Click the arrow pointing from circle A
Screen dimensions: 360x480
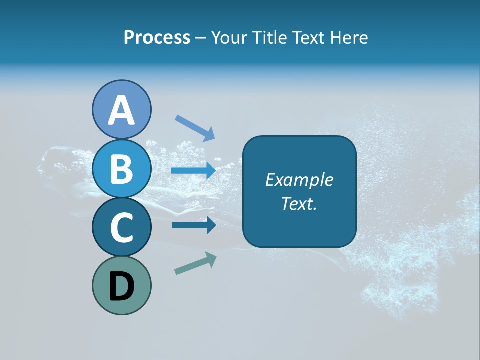tap(195, 127)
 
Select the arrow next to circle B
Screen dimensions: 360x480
tap(193, 171)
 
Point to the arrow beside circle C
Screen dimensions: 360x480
tap(193, 225)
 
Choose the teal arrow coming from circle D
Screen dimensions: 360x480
tap(195, 263)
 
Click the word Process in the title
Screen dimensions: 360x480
tap(157, 37)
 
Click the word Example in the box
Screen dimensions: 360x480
tap(299, 180)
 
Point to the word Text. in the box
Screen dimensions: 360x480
tap(299, 203)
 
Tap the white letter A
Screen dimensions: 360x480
tap(122, 110)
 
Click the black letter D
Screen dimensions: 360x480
tap(122, 287)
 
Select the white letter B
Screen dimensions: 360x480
tap(122, 169)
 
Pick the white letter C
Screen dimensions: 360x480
tap(122, 228)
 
